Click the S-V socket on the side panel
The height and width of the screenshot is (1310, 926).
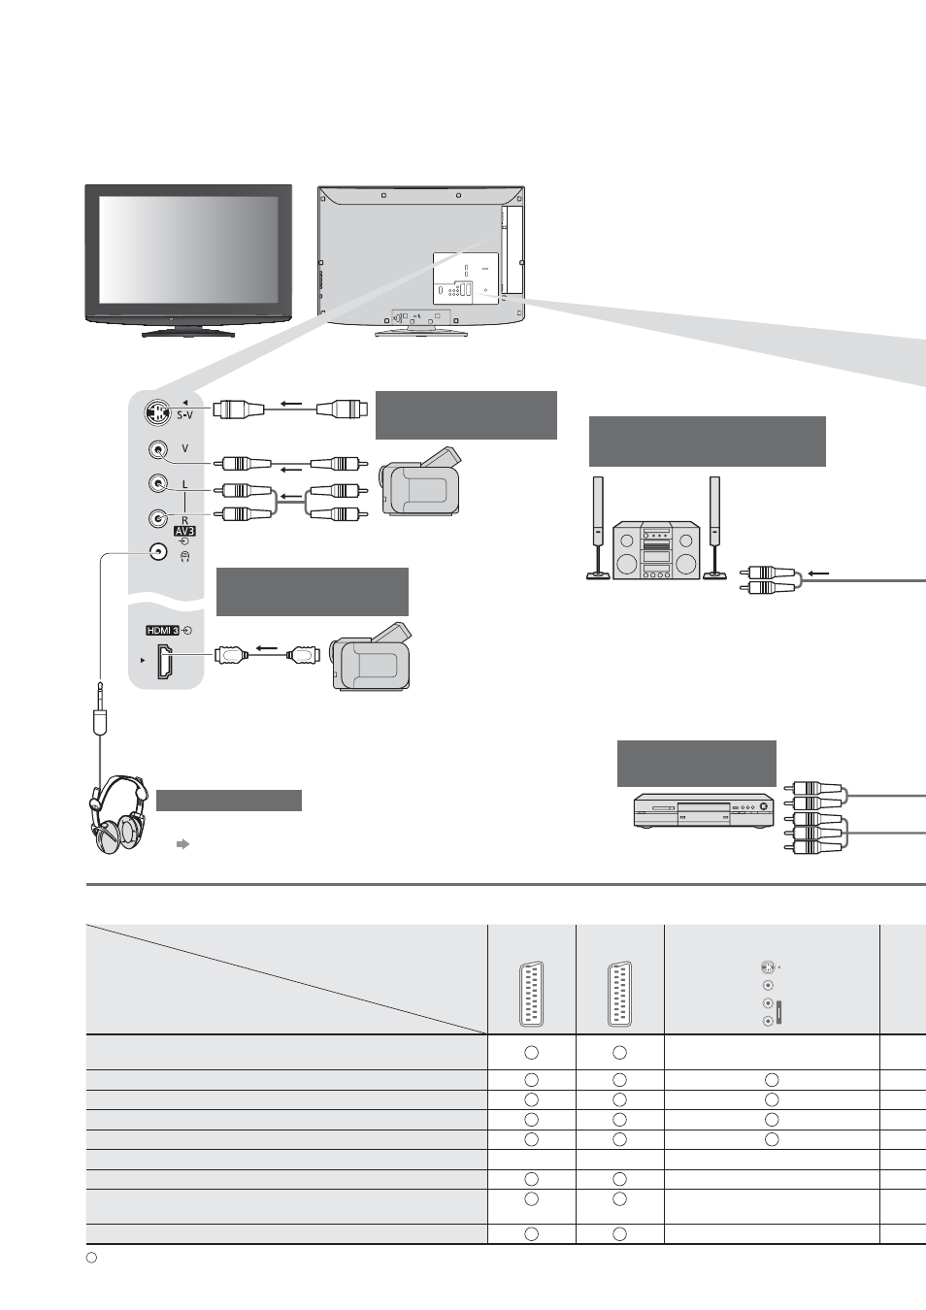point(154,412)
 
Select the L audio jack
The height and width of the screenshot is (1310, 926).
point(158,483)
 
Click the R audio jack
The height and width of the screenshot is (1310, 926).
point(158,518)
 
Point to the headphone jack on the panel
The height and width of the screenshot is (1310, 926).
point(158,551)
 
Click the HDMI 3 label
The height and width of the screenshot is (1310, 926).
point(163,631)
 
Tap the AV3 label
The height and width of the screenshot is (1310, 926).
point(184,531)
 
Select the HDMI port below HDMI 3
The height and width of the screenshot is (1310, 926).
point(164,661)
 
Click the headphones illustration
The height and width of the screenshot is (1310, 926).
point(118,815)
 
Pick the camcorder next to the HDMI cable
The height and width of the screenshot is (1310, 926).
point(370,656)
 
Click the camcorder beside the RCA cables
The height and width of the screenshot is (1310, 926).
point(420,481)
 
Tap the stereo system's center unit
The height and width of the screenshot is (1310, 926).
point(656,550)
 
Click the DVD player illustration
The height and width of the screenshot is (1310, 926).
point(705,810)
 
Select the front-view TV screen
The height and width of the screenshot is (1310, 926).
point(188,249)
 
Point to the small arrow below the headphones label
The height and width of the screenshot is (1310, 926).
point(183,844)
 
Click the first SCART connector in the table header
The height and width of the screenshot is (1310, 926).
point(531,994)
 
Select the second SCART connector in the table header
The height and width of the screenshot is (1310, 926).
point(619,994)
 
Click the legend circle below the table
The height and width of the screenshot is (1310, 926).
point(91,1258)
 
